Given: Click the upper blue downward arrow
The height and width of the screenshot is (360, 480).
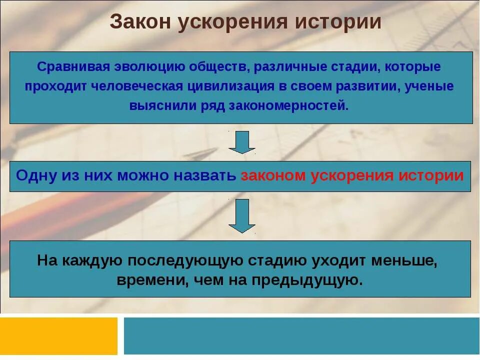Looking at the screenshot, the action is (x=242, y=142).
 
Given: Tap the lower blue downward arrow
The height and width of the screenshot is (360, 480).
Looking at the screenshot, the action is (x=242, y=215).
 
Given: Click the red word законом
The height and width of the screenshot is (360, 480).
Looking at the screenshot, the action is (x=273, y=176).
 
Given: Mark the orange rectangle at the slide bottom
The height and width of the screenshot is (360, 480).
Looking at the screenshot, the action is (x=59, y=335).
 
